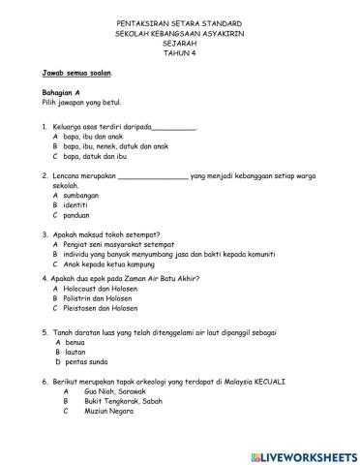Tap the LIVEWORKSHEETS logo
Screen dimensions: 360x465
(x=303, y=456)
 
